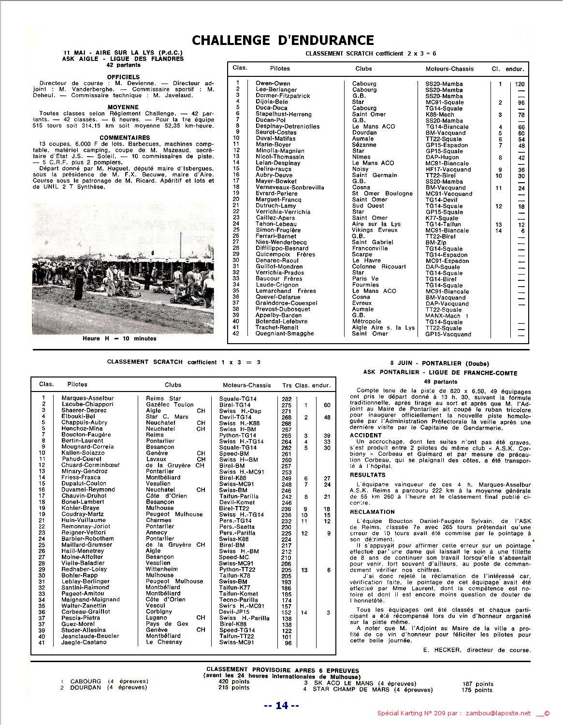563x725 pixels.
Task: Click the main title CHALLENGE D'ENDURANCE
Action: tap(283, 40)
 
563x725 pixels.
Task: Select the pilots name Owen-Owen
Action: tap(273, 84)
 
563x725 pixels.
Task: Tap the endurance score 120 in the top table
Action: tap(520, 84)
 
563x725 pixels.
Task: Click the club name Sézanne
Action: tap(364, 145)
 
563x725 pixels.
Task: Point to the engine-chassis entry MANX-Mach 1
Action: tap(447, 316)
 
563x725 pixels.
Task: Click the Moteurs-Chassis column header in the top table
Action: tap(449, 69)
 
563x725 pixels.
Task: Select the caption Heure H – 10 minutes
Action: tap(119, 339)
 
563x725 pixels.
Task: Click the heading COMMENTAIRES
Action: tap(125, 138)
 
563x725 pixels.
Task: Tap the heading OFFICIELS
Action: tap(123, 77)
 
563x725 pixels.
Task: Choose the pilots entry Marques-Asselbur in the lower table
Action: tap(87, 398)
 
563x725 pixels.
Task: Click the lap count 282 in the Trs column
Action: tap(286, 399)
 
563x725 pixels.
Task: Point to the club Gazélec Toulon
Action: tap(169, 405)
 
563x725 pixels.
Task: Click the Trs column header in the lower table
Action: tap(287, 385)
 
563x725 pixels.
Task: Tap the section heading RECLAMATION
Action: tap(372, 512)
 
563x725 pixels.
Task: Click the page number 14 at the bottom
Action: tap(282, 706)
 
